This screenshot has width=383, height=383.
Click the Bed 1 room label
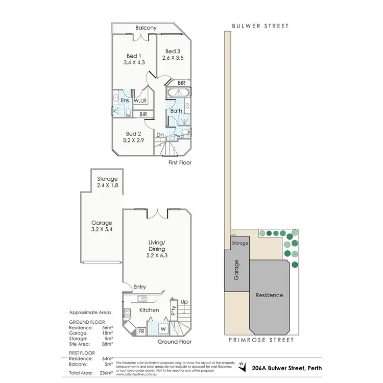pos(133,55)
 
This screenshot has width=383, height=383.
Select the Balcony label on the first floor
pos(146,28)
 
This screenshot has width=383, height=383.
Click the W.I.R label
pos(140,101)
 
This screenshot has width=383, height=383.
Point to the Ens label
pos(124,101)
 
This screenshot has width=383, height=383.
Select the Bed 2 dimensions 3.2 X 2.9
pos(133,139)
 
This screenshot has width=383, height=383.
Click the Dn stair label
pos(160,135)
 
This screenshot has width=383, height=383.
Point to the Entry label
pos(139,287)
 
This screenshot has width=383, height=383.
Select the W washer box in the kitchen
pos(164,329)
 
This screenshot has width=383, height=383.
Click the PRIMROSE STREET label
pos(261,340)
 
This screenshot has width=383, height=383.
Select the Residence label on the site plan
pos(269,295)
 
